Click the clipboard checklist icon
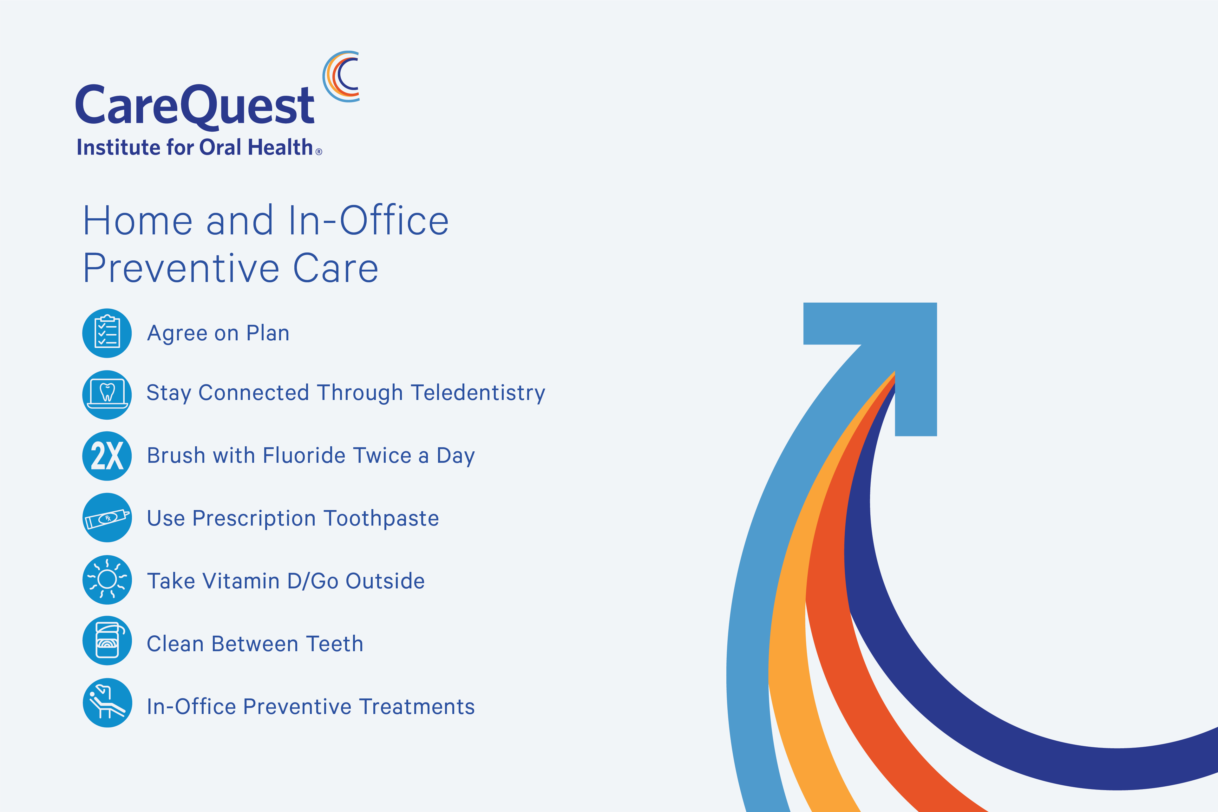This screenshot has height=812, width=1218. click(x=107, y=333)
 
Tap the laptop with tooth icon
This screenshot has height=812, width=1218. click(x=107, y=395)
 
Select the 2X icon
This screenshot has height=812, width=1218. click(x=107, y=456)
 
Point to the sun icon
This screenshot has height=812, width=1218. click(x=107, y=580)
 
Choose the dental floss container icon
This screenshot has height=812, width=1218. click(x=107, y=641)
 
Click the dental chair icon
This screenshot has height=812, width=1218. click(x=107, y=703)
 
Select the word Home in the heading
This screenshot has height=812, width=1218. click(x=138, y=221)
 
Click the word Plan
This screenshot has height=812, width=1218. click(x=268, y=333)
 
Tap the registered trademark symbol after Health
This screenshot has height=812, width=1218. click(x=319, y=152)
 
